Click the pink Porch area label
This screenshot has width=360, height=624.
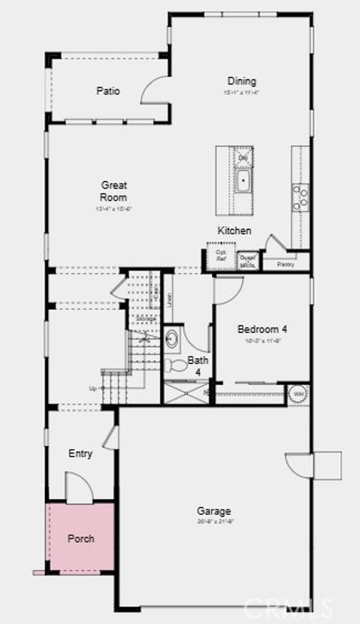click(x=80, y=538)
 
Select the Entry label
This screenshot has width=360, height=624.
click(x=80, y=454)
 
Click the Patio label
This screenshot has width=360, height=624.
click(x=108, y=91)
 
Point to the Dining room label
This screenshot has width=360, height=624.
click(x=241, y=81)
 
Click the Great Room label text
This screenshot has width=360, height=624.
click(x=114, y=191)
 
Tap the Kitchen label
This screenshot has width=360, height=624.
click(x=234, y=231)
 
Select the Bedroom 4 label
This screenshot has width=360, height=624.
click(x=262, y=329)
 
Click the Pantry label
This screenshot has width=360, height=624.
click(x=285, y=264)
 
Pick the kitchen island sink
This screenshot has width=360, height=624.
click(x=243, y=180)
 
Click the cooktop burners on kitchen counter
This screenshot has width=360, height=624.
click(x=300, y=197)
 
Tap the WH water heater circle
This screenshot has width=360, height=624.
click(x=298, y=394)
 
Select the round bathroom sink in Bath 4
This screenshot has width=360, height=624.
click(x=172, y=339)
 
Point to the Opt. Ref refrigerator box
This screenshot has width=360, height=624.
click(x=220, y=257)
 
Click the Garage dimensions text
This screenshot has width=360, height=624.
click(x=214, y=521)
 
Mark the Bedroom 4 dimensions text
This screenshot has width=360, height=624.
click(x=262, y=341)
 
